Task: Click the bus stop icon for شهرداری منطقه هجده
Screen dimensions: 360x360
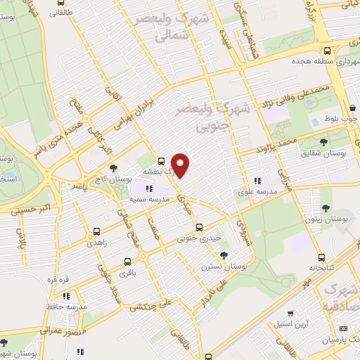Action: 328,51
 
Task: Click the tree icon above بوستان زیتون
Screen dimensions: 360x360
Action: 326,208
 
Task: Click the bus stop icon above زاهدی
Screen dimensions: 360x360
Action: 97,231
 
